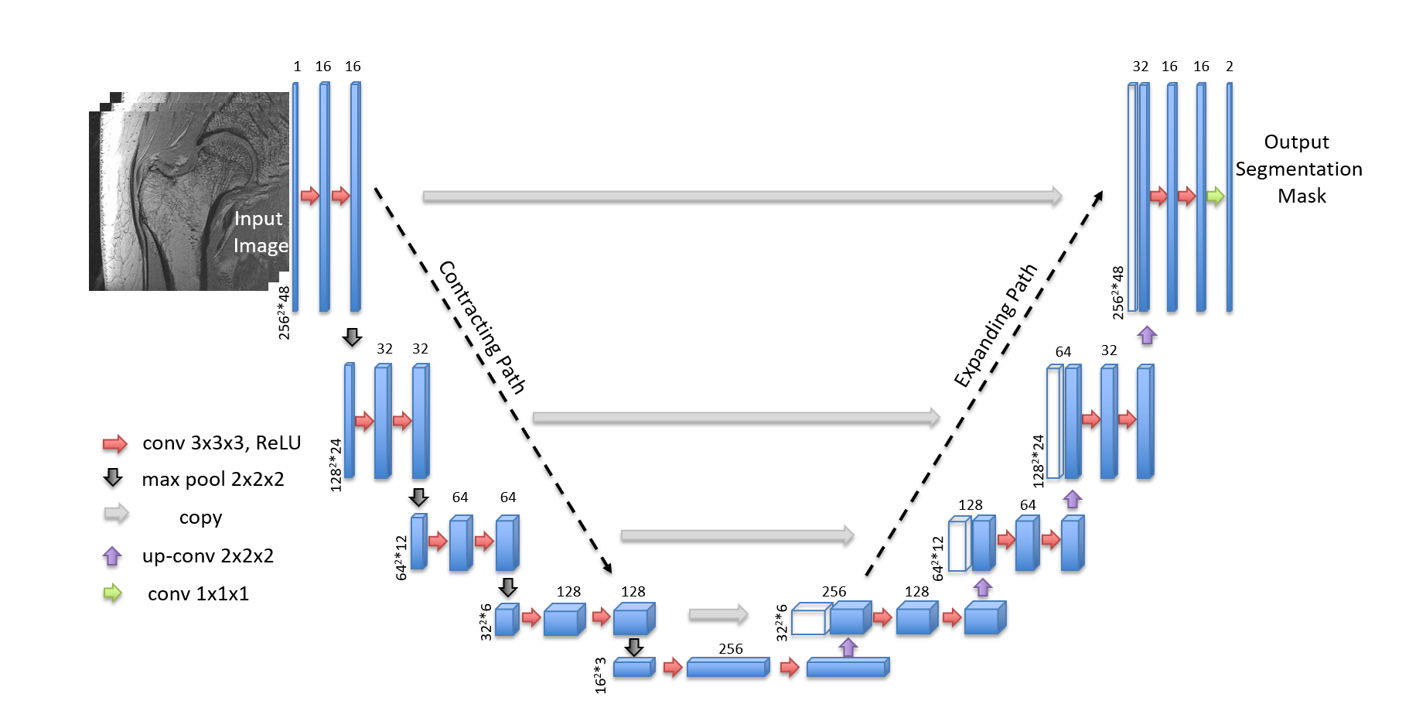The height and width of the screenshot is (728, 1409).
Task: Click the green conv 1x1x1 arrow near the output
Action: tap(1215, 196)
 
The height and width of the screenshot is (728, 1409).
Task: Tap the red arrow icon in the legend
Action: tap(114, 443)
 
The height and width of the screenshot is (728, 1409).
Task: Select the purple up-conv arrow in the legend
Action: tap(112, 555)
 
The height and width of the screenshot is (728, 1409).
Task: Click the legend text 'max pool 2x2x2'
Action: tap(213, 480)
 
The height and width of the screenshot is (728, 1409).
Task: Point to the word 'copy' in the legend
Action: tap(200, 518)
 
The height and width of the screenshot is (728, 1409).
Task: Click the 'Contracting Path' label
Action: tap(482, 327)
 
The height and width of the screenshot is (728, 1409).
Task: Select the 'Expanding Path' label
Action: tap(995, 326)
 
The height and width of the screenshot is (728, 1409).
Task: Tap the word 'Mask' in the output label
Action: tap(1302, 197)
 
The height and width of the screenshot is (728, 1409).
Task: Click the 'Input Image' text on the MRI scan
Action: tap(260, 232)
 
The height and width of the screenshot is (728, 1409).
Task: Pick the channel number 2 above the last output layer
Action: tap(1229, 67)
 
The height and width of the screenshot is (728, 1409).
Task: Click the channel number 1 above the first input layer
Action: tap(297, 67)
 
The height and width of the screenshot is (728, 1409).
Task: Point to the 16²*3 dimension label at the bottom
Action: tap(601, 675)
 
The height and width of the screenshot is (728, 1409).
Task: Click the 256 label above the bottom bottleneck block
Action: tap(730, 649)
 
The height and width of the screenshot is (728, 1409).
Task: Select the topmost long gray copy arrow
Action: tap(742, 197)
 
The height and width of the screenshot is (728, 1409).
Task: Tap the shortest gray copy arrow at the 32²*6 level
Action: tap(718, 615)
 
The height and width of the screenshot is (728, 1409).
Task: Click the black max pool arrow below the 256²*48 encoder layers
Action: tap(352, 337)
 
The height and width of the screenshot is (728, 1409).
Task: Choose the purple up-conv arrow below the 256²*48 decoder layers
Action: tap(1147, 335)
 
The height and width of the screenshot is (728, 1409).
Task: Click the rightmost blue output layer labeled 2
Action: tap(1229, 197)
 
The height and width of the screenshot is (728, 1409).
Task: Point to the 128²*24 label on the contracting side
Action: tap(336, 465)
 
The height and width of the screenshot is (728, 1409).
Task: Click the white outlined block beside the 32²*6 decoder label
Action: tap(809, 621)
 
